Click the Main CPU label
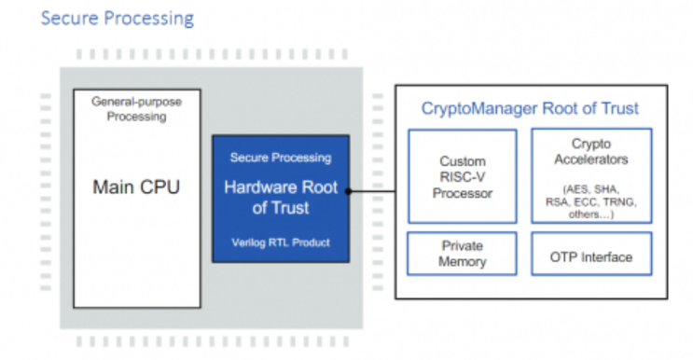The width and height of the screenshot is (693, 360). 135,187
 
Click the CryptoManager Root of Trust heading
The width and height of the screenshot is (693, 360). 530,109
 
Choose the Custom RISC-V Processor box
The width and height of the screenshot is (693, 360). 462,176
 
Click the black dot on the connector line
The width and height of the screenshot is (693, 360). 347,192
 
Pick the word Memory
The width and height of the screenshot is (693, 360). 462,263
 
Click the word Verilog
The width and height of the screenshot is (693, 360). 247,242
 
